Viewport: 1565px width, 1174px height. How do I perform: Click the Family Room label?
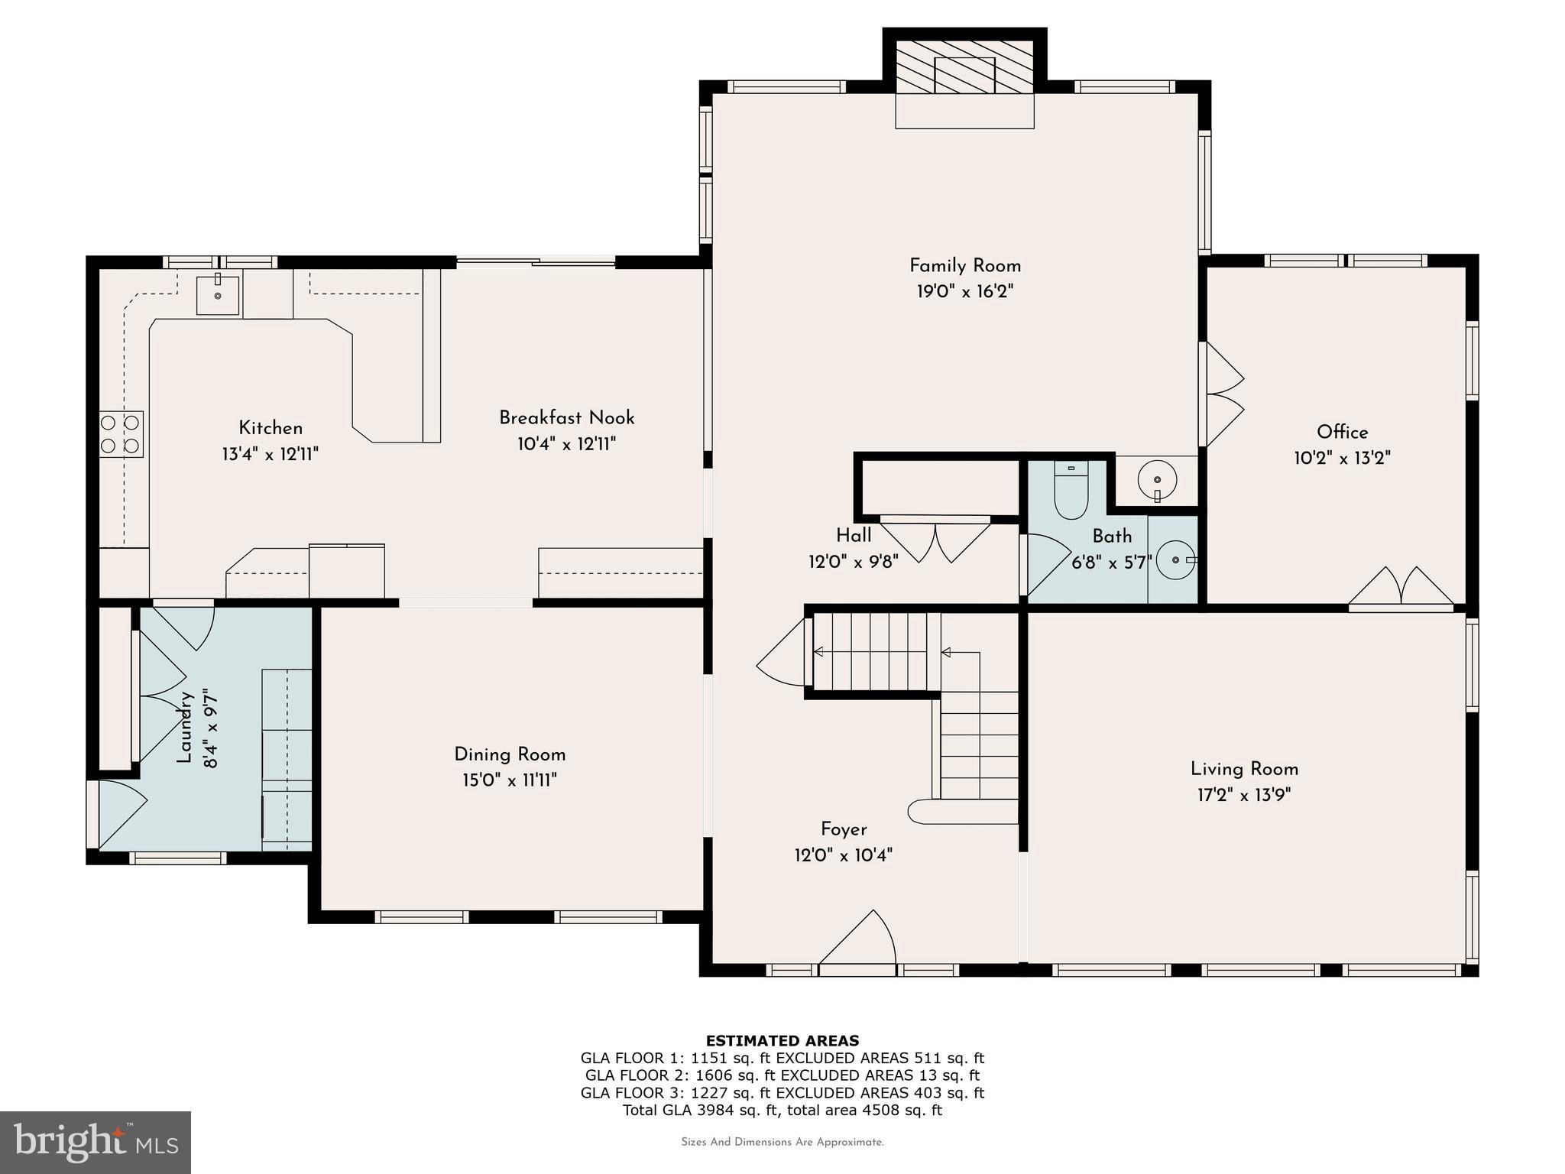coord(964,265)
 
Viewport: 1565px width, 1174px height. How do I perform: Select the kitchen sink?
coord(217,295)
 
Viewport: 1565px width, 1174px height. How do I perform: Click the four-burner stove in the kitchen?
coord(121,433)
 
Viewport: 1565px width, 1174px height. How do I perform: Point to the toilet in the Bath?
coord(1071,490)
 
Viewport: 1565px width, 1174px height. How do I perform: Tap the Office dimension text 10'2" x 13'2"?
coord(1342,458)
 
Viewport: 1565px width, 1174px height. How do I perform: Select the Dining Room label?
coord(510,754)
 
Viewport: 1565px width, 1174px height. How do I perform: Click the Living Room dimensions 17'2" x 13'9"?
coord(1244,795)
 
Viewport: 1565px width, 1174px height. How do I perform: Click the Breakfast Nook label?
coord(566,417)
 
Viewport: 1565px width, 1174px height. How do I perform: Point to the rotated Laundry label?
coord(184,727)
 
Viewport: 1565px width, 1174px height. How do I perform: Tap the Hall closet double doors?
coord(936,539)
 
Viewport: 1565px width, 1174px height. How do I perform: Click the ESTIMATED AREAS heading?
coord(782,1040)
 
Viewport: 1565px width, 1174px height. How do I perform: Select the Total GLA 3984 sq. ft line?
coord(782,1110)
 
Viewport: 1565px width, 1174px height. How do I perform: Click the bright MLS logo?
coord(95,1143)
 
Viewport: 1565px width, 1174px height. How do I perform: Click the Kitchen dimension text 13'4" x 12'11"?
coord(270,454)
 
